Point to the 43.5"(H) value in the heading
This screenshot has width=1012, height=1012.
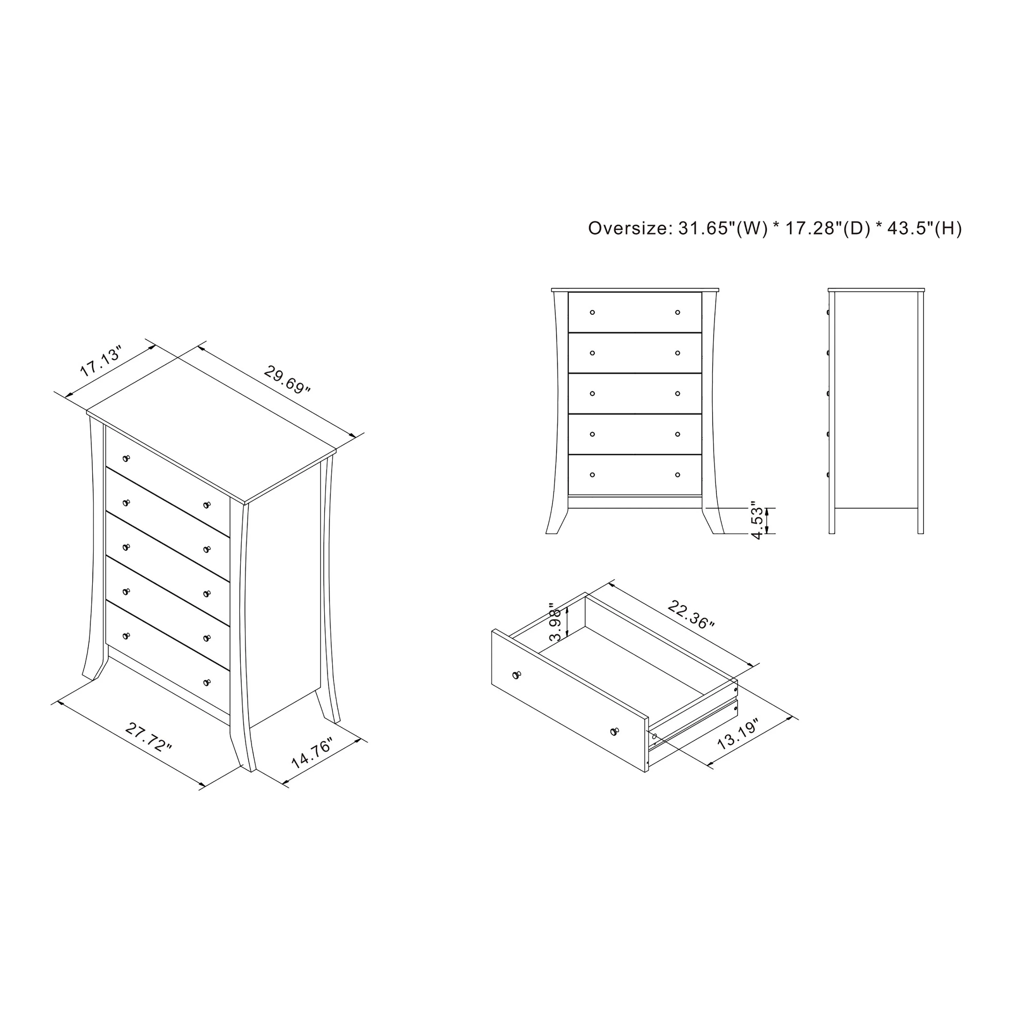point(925,228)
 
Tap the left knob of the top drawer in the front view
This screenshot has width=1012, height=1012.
point(592,312)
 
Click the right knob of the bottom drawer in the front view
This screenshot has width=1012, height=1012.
point(678,475)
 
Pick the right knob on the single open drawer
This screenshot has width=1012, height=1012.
point(614,731)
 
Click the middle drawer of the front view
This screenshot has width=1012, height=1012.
point(635,393)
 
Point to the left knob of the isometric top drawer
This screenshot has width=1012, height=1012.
point(126,458)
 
